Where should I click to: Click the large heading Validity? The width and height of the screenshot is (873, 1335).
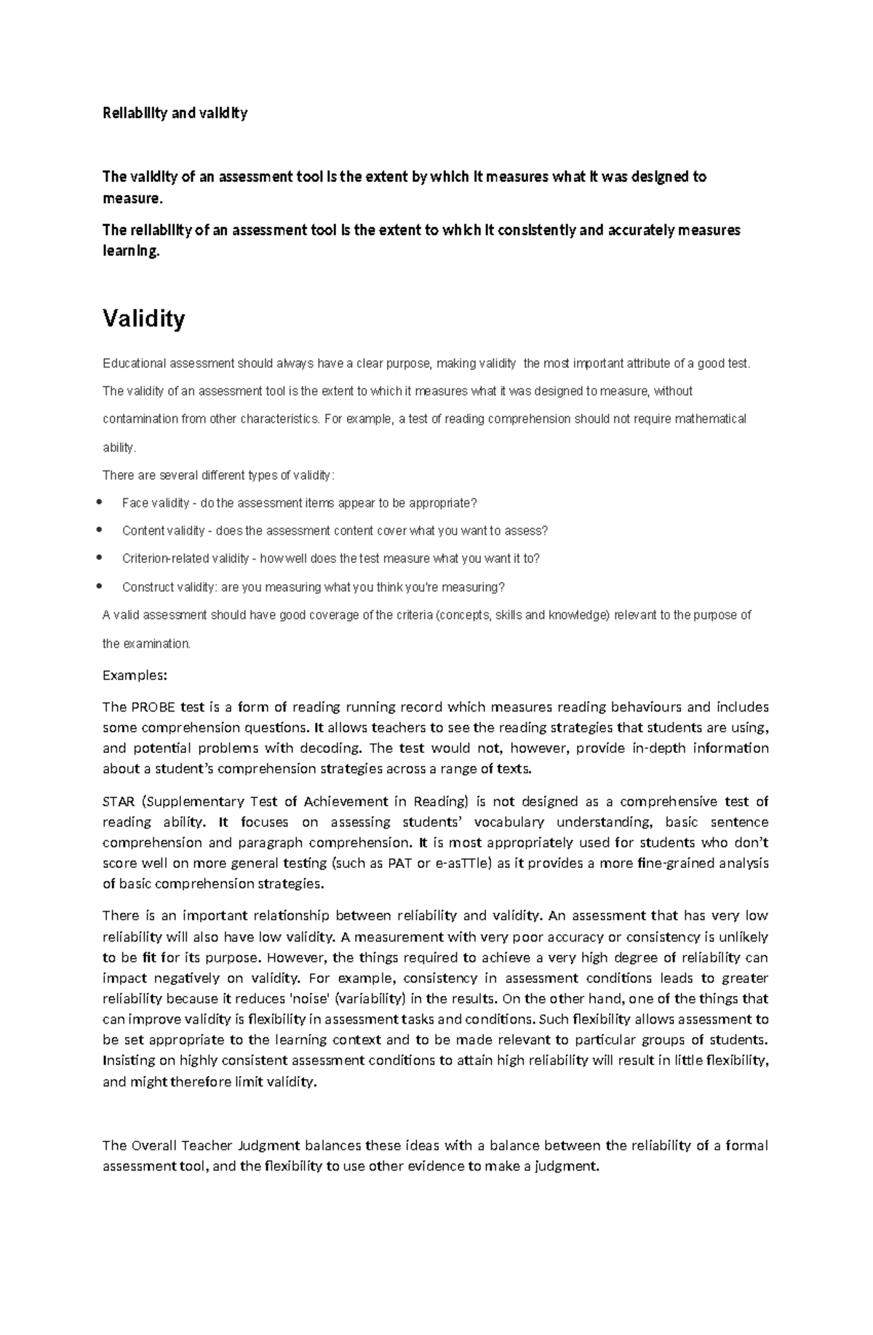pyautogui.click(x=143, y=319)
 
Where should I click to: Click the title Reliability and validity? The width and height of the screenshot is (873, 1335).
pyautogui.click(x=175, y=113)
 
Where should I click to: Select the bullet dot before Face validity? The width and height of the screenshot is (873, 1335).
pyautogui.click(x=100, y=502)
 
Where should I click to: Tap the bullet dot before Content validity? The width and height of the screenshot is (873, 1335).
pyautogui.click(x=100, y=530)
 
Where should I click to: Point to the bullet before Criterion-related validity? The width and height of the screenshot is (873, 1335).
pyautogui.click(x=100, y=558)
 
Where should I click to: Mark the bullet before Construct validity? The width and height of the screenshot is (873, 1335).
pyautogui.click(x=100, y=586)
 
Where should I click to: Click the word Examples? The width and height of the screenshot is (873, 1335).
pyautogui.click(x=135, y=675)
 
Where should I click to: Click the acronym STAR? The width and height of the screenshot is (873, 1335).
pyautogui.click(x=119, y=802)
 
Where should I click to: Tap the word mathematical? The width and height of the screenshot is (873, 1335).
pyautogui.click(x=710, y=419)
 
